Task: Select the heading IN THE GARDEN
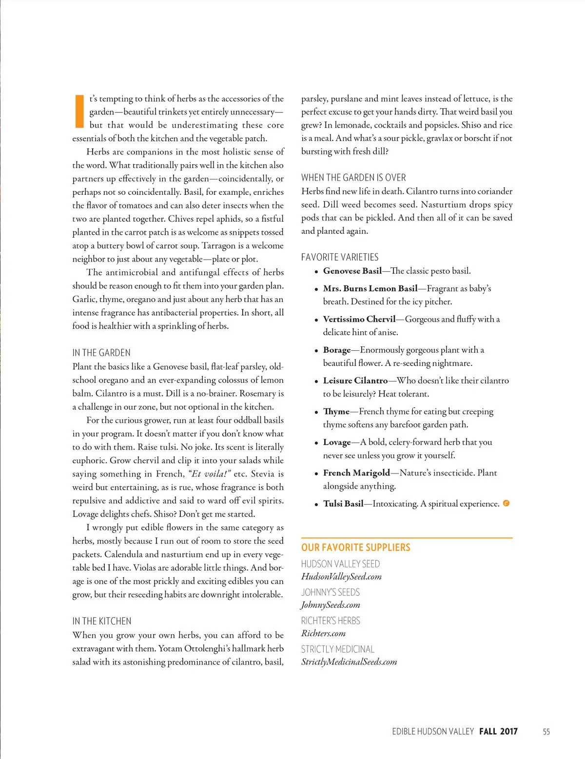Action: click(x=101, y=353)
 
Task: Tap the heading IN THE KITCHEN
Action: click(x=102, y=621)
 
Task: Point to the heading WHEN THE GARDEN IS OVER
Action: click(x=353, y=178)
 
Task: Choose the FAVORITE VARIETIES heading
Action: click(x=340, y=257)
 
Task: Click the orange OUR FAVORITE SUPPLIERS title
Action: click(x=356, y=548)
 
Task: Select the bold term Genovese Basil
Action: click(x=352, y=271)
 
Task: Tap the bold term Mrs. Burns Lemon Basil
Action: click(x=370, y=288)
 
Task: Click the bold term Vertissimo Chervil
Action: click(x=359, y=319)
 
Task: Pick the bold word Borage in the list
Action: click(x=337, y=350)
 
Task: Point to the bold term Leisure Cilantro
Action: click(x=355, y=380)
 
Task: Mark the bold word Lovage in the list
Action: click(x=337, y=442)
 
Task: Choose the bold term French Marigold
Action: click(x=356, y=473)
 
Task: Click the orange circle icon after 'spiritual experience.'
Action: click(x=506, y=503)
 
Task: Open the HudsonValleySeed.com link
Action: click(x=341, y=577)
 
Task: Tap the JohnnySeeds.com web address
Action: click(x=331, y=605)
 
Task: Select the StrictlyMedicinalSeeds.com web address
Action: click(x=349, y=662)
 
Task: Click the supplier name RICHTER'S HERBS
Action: click(x=331, y=621)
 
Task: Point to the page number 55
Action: click(x=546, y=732)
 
